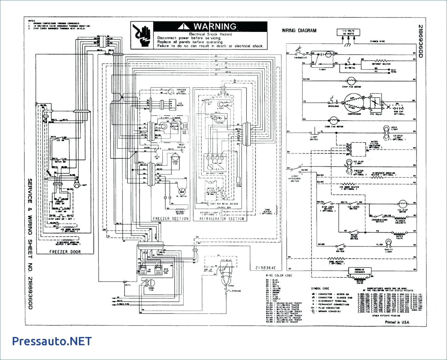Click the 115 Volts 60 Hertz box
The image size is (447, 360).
point(349,32)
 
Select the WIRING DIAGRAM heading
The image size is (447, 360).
point(299,31)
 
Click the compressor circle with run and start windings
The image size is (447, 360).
point(353,103)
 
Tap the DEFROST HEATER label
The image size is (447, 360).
point(381,64)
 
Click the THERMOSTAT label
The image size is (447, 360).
point(300,58)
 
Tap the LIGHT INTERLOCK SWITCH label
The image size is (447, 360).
point(295,179)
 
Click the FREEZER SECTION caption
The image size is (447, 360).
point(170,219)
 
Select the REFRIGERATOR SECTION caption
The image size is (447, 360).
point(222,219)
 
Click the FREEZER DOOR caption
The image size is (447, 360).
point(65,251)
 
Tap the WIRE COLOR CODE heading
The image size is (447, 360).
point(279,275)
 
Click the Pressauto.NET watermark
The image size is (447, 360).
point(52,341)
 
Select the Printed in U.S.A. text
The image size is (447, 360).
point(397,322)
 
